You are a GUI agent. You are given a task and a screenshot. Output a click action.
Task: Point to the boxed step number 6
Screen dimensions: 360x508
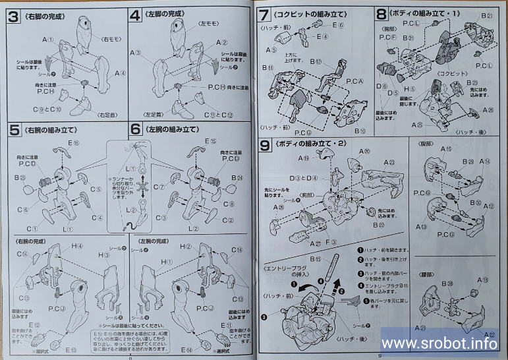tap(134, 130)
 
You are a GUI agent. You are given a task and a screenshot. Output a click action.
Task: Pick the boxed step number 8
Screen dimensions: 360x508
tap(381, 13)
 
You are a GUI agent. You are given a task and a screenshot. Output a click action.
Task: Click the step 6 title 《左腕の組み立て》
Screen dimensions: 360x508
tap(175, 130)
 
